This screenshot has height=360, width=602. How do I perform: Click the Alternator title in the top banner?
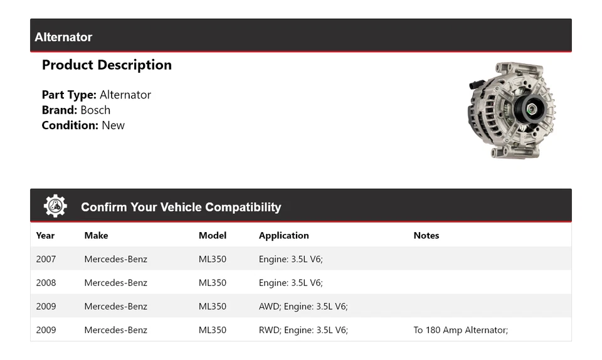[x=63, y=37]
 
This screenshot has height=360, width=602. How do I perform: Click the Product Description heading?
[x=107, y=65]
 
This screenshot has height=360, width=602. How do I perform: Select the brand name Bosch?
[x=95, y=110]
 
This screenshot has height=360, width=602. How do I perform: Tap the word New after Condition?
[x=113, y=125]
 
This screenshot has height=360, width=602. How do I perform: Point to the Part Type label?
[x=69, y=95]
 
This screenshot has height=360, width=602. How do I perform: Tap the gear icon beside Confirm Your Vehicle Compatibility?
[x=55, y=206]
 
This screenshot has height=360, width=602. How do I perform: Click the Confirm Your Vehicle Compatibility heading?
[x=181, y=208]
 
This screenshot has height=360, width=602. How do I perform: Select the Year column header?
[x=45, y=236]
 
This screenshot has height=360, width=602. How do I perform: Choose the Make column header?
[x=96, y=236]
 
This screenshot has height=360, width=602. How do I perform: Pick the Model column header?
[x=212, y=236]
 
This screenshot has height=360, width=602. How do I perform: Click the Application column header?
[x=283, y=236]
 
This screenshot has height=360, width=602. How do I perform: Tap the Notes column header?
[x=426, y=236]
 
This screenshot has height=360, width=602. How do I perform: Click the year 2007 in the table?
[x=46, y=259]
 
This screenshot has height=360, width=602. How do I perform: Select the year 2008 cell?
[x=46, y=283]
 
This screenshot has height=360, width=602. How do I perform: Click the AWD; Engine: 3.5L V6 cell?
[x=303, y=307]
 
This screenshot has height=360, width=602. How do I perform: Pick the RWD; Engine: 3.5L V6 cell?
[x=303, y=331]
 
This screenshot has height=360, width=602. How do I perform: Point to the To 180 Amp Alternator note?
[x=460, y=331]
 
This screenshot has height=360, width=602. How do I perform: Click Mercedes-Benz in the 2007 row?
[x=115, y=259]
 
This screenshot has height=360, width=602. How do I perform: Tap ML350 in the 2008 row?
[x=212, y=283]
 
